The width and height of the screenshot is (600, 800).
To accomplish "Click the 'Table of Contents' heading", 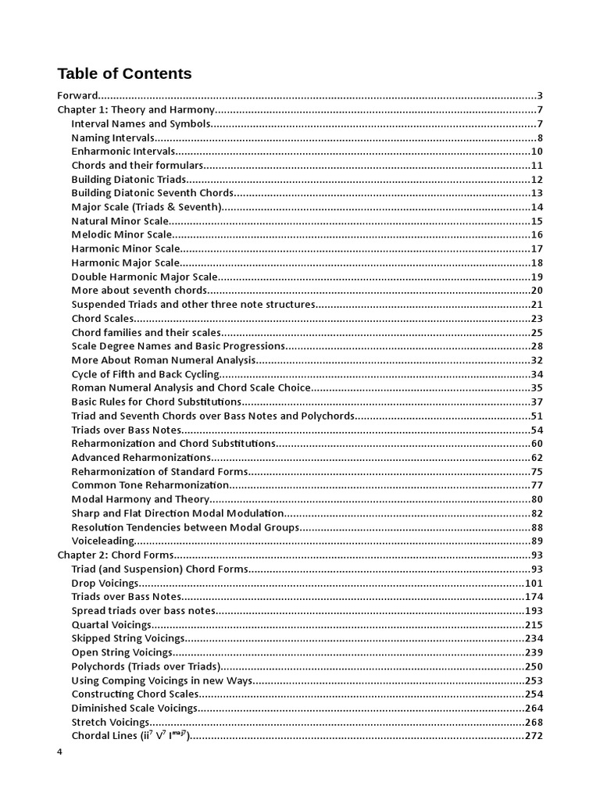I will click(x=124, y=74).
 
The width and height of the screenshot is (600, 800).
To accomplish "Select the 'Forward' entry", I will click(x=78, y=96).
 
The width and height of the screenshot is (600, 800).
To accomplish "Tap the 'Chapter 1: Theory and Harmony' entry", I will click(x=135, y=110).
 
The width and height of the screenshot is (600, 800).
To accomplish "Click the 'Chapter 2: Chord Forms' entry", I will click(x=115, y=555).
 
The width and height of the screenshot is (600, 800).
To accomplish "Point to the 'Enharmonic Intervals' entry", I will click(x=123, y=152).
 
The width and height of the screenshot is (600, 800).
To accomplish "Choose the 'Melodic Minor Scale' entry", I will click(x=121, y=234).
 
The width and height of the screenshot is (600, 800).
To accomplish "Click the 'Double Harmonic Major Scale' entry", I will click(x=145, y=277).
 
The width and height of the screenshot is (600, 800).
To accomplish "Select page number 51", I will click(x=537, y=416).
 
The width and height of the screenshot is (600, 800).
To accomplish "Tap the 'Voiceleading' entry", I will click(x=103, y=541).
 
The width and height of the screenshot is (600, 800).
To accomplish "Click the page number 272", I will click(x=534, y=736).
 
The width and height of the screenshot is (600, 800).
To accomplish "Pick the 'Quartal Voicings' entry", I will click(x=111, y=624).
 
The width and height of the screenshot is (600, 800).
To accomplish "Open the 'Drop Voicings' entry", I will click(x=105, y=583).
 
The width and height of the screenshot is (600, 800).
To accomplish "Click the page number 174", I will click(x=534, y=597).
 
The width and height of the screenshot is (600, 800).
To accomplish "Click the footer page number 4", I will click(x=60, y=752).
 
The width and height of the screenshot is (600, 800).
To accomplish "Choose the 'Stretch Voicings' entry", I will click(x=110, y=722).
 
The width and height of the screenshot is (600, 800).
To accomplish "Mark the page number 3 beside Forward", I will click(x=540, y=96).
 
